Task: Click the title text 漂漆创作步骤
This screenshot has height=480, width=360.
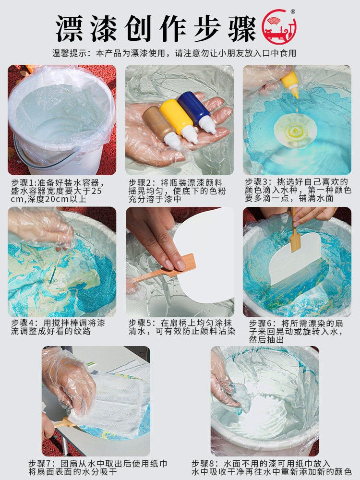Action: point(156,28)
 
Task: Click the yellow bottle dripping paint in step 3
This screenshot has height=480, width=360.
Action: point(290,83)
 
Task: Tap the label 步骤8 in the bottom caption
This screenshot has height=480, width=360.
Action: point(204,464)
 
